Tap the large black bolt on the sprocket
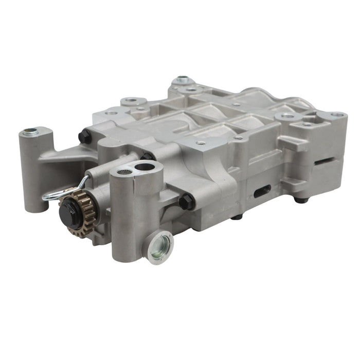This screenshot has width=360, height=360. point(70,212)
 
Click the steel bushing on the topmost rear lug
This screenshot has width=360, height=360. point(182,80)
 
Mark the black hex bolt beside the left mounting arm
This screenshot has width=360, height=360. point(85,137)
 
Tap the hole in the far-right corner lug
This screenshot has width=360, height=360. point(337,114)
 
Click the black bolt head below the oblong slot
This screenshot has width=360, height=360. point(236,217)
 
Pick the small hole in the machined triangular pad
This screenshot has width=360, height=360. point(201,142)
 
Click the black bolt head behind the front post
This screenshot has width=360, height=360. point(149,156)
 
